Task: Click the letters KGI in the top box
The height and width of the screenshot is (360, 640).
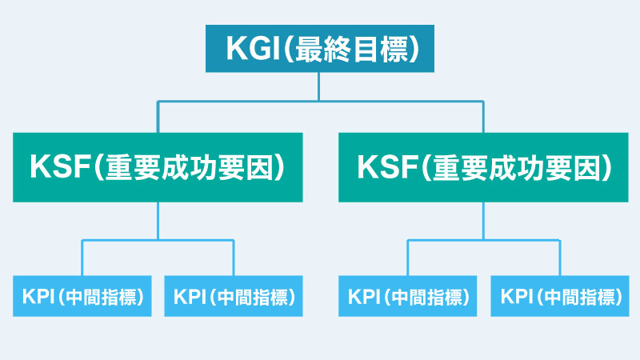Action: point(250,49)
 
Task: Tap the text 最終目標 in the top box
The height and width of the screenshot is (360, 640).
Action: point(351,50)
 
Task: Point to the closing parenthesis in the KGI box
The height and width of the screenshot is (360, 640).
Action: point(414,50)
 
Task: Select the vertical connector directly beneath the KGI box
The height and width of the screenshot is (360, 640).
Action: point(318,86)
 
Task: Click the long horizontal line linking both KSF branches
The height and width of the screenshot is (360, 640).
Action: point(321,101)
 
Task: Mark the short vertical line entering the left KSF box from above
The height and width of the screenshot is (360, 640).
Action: point(158,117)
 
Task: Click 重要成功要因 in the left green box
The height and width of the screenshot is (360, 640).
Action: point(189,167)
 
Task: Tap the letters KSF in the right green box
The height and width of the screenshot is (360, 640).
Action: point(387,166)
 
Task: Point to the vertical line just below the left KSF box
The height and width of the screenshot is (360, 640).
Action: point(158,221)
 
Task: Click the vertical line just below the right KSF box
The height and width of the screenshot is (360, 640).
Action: point(484,221)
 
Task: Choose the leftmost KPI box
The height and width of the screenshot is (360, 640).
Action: point(82,296)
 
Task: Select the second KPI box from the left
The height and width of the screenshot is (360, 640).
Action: point(234,296)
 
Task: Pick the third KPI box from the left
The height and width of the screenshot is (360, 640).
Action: point(408,296)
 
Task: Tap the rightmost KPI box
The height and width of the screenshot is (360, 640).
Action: point(559,296)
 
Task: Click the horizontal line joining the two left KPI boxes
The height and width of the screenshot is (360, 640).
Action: point(158,240)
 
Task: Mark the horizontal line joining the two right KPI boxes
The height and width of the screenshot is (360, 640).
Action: point(484,240)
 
